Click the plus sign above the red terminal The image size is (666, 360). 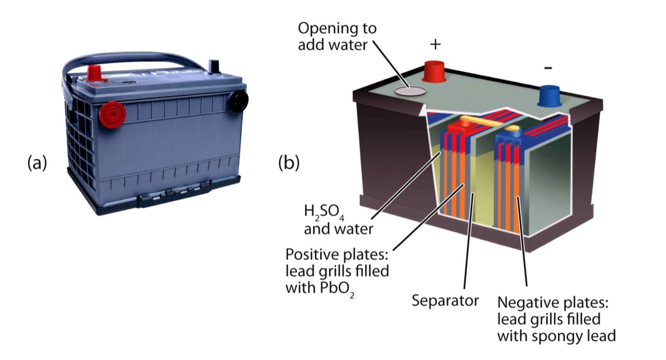436,44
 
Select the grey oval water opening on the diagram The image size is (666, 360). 410,91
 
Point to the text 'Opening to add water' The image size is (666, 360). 337,36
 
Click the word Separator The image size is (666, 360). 445,300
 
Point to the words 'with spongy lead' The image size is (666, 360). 556,336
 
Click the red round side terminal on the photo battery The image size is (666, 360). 112,114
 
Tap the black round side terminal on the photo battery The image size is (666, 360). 239,100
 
